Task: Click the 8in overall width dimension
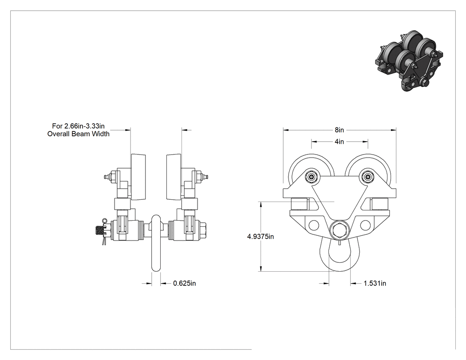tap(340, 130)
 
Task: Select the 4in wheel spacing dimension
tap(340, 142)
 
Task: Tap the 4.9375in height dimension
tap(261, 237)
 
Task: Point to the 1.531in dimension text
tap(375, 283)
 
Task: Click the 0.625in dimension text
tap(185, 283)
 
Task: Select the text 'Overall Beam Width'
tap(79, 134)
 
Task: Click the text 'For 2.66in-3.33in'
tap(79, 126)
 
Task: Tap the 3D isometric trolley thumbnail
tap(409, 61)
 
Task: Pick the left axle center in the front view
tap(311, 178)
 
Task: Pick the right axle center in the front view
tap(368, 178)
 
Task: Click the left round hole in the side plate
tap(313, 225)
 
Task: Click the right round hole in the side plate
tap(365, 225)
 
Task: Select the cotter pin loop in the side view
tap(104, 221)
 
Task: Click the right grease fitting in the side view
tap(205, 178)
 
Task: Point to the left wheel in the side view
tap(138, 177)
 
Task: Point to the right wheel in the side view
tap(174, 177)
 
